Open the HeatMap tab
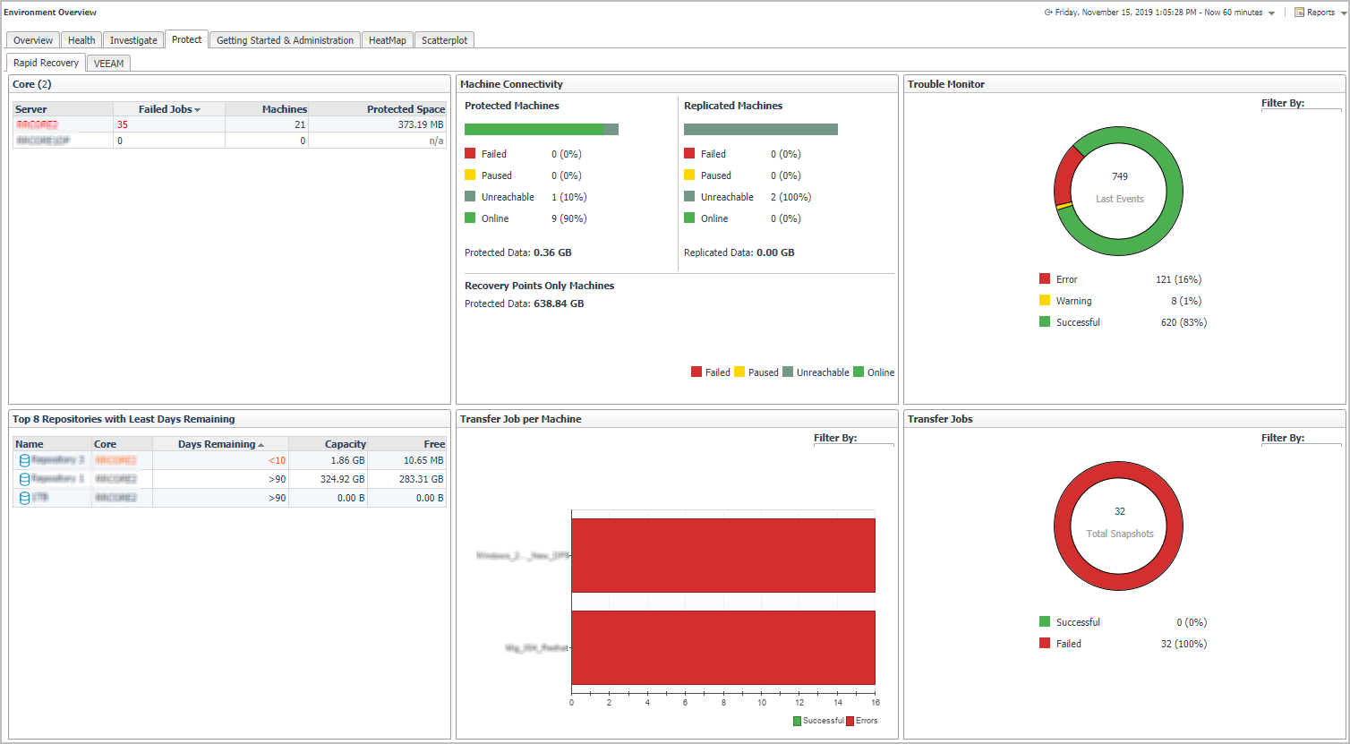point(387,40)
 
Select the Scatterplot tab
point(444,40)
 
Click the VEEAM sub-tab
point(108,64)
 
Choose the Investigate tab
point(133,40)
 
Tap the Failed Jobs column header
point(168,109)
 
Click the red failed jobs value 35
point(123,125)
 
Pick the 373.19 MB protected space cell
point(420,125)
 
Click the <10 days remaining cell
point(277,461)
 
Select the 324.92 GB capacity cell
point(344,480)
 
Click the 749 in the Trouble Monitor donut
point(1120,176)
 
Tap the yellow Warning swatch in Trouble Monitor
point(1045,301)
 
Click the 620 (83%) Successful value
point(1183,322)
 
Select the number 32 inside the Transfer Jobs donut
point(1120,511)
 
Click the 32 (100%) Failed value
point(1183,644)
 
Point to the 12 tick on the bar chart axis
point(799,703)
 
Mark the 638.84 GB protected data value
point(559,304)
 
